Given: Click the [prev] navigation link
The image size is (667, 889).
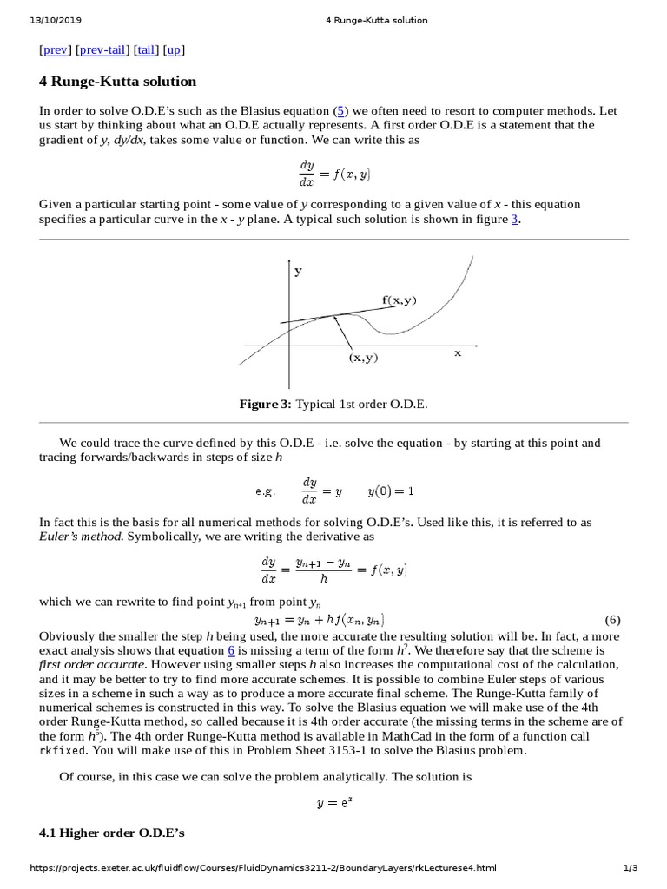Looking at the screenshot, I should click(x=56, y=50).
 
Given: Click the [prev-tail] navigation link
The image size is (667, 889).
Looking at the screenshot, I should click(x=102, y=50).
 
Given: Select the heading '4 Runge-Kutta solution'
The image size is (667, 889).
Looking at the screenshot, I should click(x=118, y=82).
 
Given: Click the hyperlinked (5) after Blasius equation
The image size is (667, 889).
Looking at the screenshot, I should click(x=343, y=110).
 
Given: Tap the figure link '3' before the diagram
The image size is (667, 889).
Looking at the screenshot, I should click(x=514, y=220).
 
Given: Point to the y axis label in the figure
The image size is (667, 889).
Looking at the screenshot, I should click(x=298, y=271).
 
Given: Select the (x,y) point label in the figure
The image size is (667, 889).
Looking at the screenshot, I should click(x=364, y=357).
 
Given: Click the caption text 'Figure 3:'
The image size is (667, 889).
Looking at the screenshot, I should click(x=266, y=405).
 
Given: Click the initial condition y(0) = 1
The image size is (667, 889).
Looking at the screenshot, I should click(x=390, y=491).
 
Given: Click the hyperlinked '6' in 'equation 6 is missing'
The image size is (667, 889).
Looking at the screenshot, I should click(x=232, y=649).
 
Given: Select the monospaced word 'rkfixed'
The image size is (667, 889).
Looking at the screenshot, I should click(x=63, y=751).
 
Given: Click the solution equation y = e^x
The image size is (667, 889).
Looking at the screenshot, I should click(x=333, y=804).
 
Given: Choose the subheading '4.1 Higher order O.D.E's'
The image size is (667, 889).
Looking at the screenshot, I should click(x=112, y=833).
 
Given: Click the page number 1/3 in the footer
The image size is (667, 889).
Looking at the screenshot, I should click(x=631, y=868).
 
